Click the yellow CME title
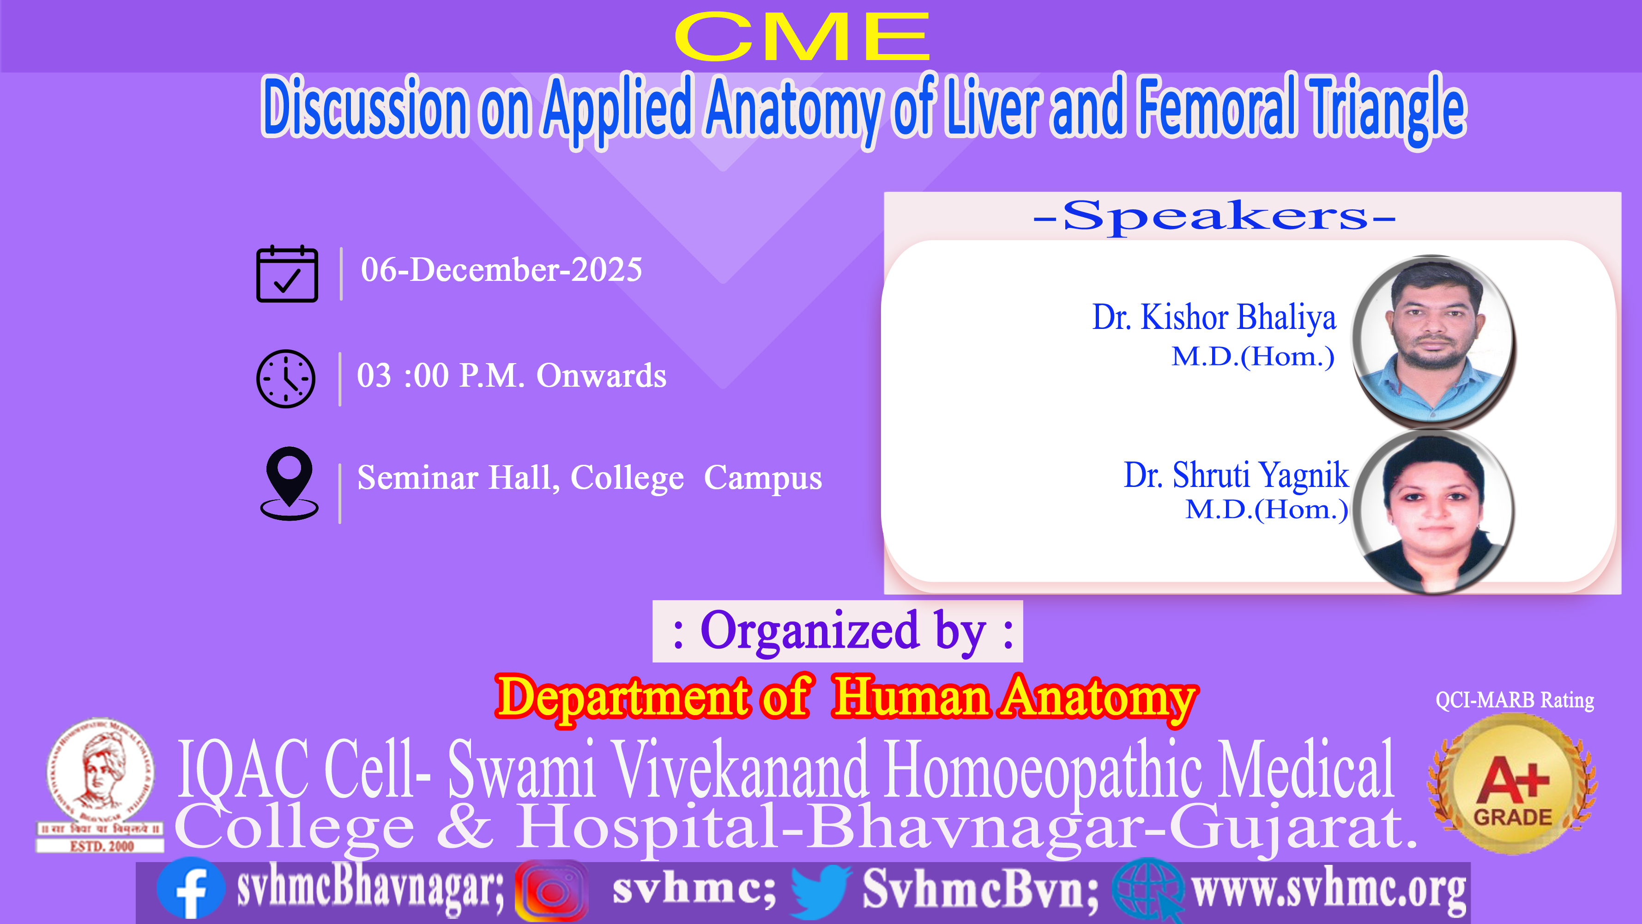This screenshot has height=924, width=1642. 802,37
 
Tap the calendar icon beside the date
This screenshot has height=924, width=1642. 287,274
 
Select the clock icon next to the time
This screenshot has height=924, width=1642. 285,379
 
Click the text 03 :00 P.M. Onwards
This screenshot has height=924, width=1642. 512,376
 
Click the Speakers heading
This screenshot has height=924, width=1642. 1215,217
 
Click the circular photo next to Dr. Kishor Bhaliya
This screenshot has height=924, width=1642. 1434,341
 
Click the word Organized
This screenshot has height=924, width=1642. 809,631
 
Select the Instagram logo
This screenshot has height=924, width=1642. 551,891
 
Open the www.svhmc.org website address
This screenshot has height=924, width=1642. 1329,889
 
